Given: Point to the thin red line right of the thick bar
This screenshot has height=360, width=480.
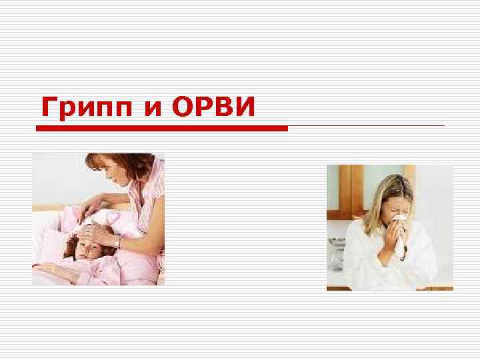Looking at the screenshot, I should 366,125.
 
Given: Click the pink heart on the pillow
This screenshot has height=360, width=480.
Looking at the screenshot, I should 113,218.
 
